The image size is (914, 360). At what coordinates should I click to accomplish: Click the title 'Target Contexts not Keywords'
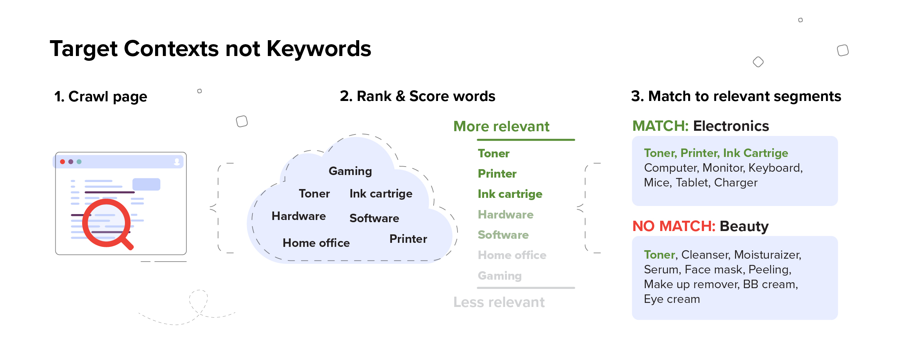(210, 49)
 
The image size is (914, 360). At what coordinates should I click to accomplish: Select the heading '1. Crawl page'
(101, 97)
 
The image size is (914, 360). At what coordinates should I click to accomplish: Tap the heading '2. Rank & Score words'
(417, 96)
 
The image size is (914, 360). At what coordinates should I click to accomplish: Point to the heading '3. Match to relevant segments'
(736, 96)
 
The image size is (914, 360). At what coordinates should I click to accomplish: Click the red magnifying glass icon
(106, 223)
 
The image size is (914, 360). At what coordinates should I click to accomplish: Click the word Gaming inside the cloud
(350, 171)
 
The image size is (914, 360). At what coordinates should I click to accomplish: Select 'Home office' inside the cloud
(316, 243)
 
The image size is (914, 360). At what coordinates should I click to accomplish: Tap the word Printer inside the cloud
(408, 239)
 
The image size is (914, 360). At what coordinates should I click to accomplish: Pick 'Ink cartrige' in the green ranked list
(510, 194)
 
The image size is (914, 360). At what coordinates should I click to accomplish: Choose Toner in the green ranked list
(494, 153)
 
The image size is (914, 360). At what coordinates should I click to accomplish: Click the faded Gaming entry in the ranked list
(500, 276)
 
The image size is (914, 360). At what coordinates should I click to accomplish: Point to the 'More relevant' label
(501, 126)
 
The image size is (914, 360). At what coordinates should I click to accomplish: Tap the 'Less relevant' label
(499, 302)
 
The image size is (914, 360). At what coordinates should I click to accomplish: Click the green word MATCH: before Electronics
(660, 126)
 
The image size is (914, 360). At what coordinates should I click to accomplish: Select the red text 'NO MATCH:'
(674, 226)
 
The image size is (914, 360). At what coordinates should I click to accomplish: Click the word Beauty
(744, 226)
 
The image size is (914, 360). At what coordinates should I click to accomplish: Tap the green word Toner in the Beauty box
(659, 255)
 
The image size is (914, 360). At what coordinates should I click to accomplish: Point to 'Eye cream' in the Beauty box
(672, 299)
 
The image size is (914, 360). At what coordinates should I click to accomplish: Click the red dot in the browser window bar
(63, 162)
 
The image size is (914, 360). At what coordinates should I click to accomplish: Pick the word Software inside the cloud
(374, 218)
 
